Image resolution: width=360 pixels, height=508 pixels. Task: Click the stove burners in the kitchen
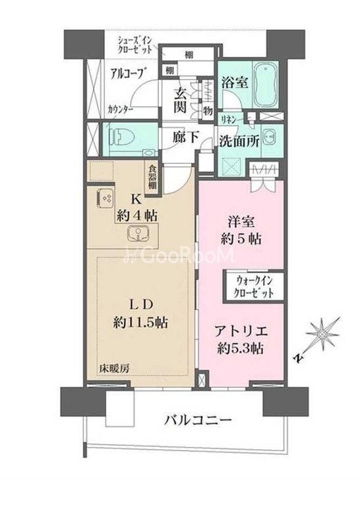(105, 199)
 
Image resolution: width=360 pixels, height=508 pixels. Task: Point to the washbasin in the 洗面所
(270, 138)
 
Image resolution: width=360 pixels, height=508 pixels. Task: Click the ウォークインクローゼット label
(253, 287)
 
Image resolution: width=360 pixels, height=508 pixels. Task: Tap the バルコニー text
(198, 420)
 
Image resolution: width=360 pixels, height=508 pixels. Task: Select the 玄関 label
(180, 100)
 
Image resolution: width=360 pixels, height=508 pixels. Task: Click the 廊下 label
(185, 137)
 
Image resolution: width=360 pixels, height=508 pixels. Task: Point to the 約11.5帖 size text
(140, 323)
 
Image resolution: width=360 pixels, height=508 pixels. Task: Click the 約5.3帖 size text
(240, 349)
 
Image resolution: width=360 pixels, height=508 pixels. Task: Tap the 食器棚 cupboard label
(152, 177)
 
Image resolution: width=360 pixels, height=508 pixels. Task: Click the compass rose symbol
(322, 334)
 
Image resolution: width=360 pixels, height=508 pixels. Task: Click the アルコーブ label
(127, 73)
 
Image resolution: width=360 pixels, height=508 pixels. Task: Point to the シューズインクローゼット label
(135, 46)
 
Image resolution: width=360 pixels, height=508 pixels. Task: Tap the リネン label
(228, 119)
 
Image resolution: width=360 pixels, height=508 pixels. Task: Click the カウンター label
(121, 109)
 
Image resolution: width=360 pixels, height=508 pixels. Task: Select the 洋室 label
(241, 222)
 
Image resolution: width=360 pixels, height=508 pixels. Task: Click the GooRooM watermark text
(179, 255)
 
